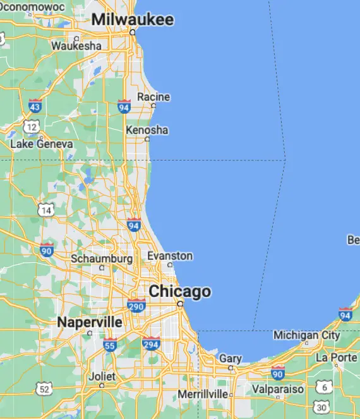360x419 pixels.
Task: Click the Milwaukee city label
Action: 132,20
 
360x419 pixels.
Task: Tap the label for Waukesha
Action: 76,46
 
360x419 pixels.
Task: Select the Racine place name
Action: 153,97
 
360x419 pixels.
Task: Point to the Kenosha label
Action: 147,130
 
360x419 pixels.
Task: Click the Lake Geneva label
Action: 42,144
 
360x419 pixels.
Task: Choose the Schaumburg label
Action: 102,258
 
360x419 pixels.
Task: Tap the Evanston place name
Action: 170,256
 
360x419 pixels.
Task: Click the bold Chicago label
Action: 180,292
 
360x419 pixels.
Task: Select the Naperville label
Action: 90,322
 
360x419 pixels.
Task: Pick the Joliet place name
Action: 102,376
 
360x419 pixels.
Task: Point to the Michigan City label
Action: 306,334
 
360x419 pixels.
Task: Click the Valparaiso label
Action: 278,389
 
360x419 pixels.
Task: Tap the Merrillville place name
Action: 203,394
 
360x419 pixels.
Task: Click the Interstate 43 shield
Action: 36,105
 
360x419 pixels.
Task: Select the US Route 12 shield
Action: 32,127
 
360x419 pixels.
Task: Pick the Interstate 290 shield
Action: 136,305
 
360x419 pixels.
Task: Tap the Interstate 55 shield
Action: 110,344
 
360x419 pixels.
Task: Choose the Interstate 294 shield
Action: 151,343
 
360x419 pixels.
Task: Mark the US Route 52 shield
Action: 44,389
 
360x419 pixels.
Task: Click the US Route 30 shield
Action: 323,406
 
